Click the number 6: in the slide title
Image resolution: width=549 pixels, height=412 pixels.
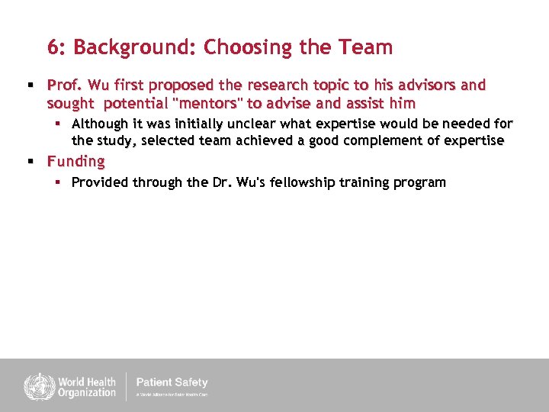(57, 47)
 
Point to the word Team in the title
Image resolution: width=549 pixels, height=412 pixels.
(368, 47)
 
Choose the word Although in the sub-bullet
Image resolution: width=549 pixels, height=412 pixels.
(100, 124)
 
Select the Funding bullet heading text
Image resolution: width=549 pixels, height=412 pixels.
(76, 161)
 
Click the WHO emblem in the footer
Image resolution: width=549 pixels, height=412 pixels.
(35, 385)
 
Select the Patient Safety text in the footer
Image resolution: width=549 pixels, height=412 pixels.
(172, 382)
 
